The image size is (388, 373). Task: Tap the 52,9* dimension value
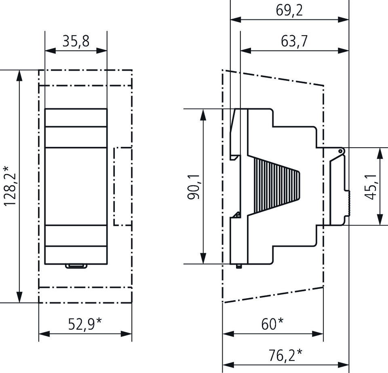(x=85, y=324)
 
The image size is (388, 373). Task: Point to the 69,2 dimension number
(x=289, y=10)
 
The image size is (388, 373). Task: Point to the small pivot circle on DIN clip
(x=341, y=151)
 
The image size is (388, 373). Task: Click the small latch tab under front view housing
(x=76, y=266)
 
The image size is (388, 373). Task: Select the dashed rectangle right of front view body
(x=123, y=186)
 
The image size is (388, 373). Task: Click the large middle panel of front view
(x=76, y=186)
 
